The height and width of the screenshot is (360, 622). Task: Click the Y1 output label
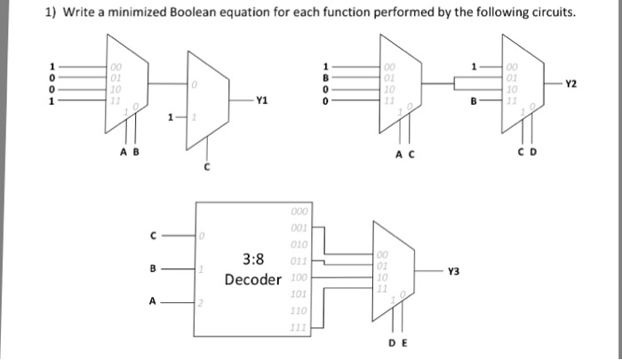(x=260, y=100)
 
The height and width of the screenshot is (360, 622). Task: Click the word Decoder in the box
(x=252, y=279)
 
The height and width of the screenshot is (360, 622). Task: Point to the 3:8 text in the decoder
(x=253, y=260)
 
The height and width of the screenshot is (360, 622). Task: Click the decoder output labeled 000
(x=299, y=212)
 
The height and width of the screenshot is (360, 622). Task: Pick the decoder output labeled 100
(x=299, y=278)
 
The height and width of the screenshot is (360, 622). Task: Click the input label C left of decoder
(x=152, y=236)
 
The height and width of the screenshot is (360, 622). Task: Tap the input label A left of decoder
(x=152, y=302)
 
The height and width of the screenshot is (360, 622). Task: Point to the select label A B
(x=128, y=151)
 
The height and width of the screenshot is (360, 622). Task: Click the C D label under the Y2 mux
(x=523, y=151)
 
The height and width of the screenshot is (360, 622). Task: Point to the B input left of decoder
(x=152, y=269)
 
